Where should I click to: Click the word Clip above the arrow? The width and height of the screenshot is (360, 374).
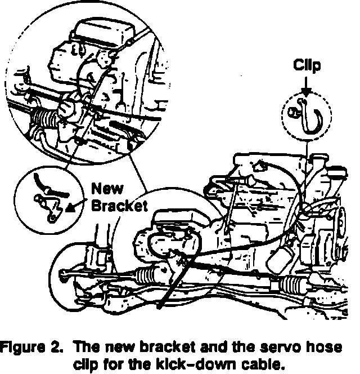point(307,66)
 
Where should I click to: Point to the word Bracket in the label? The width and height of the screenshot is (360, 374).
point(120,205)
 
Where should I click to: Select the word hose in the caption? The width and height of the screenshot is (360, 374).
point(332,345)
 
